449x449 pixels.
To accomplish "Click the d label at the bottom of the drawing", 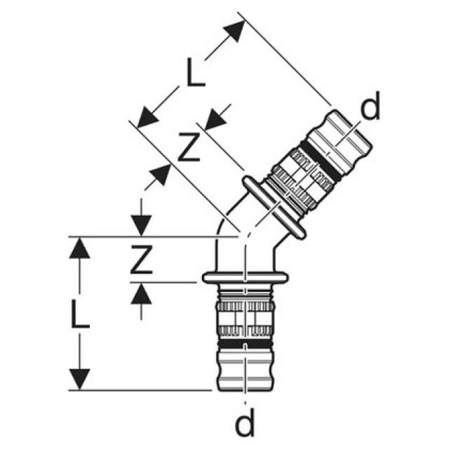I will (244, 424).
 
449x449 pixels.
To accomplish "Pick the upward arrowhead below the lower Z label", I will (142, 293).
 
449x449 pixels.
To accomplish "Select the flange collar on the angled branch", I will (273, 208).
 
